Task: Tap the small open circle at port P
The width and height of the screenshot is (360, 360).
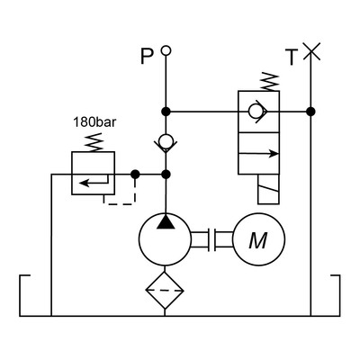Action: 166,52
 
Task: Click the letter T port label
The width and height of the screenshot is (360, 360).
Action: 292,57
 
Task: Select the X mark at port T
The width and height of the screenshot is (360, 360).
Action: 310,51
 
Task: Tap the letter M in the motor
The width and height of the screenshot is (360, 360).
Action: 258,240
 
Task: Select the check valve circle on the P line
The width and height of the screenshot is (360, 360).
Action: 166,141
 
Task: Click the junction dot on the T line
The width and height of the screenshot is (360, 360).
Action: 310,112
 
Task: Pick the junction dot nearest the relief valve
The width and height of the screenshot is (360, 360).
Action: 134,174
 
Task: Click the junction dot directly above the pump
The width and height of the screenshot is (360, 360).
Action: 166,174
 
